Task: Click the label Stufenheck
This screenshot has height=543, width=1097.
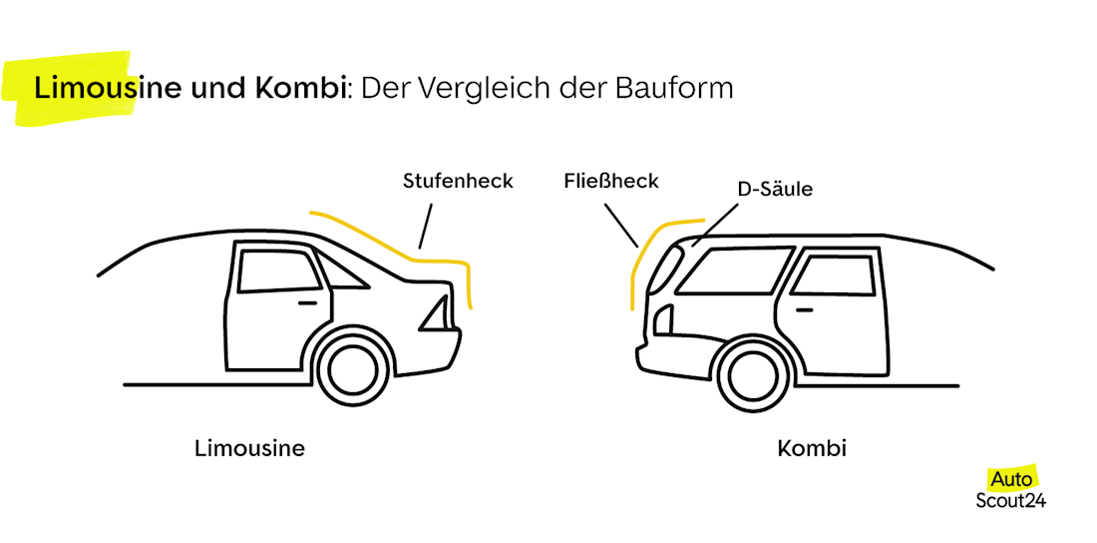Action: click(458, 182)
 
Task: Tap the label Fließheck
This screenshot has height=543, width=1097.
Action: click(610, 182)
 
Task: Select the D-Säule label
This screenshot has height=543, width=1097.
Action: click(775, 189)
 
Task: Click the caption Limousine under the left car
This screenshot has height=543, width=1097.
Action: click(249, 449)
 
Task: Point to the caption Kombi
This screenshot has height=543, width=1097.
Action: click(812, 449)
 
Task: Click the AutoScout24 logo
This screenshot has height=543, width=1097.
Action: click(1010, 489)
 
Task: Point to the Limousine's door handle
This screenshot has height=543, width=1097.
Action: click(307, 301)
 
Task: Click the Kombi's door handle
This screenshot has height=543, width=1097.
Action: click(804, 309)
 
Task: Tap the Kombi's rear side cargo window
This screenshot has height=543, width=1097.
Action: click(729, 270)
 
